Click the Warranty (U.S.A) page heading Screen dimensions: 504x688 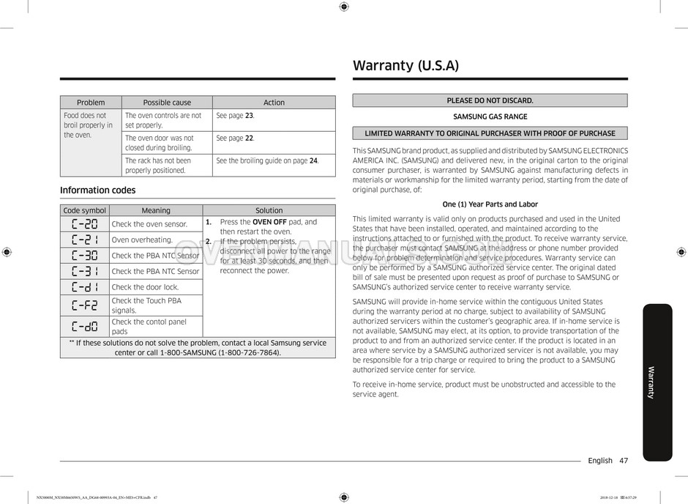click(x=405, y=65)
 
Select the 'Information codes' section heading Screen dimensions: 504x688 click(x=97, y=190)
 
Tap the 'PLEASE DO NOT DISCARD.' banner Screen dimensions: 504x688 click(x=490, y=100)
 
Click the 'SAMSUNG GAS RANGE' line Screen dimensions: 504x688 click(x=490, y=116)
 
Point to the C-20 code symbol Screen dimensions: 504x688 click(x=84, y=223)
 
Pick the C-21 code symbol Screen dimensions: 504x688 click(x=84, y=240)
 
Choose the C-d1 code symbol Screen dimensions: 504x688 click(x=84, y=287)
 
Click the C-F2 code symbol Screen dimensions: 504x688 click(x=84, y=305)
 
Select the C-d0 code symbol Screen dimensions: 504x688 click(x=84, y=327)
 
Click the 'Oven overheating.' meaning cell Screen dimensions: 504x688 click(x=142, y=240)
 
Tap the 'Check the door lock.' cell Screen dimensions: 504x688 click(x=145, y=287)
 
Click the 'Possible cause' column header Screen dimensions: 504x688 click(x=167, y=103)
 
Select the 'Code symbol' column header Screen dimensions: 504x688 click(x=84, y=210)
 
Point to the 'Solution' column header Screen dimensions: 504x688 click(x=269, y=210)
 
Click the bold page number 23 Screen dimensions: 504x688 click(x=249, y=116)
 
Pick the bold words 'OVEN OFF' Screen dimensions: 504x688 click(x=269, y=222)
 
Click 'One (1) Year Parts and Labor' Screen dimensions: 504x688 click(x=490, y=204)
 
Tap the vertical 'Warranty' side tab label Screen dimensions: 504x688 click(x=651, y=382)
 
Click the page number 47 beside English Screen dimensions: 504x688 click(x=624, y=460)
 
